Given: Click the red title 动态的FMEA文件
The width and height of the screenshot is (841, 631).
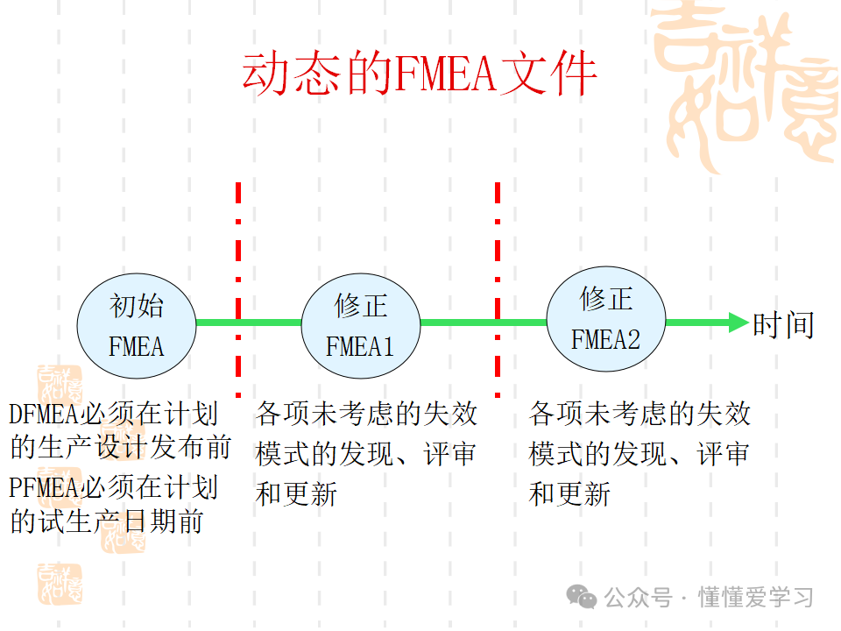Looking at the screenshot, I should [x=420, y=74].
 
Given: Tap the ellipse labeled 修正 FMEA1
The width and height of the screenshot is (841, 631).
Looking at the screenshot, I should [x=360, y=323].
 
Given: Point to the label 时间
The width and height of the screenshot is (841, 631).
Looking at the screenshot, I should [x=783, y=325].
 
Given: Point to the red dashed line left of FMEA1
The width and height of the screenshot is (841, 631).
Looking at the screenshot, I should [x=238, y=289].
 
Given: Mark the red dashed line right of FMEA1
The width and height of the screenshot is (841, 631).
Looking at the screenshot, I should [x=498, y=289].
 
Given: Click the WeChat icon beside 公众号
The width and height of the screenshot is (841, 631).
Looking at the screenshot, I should [x=582, y=597].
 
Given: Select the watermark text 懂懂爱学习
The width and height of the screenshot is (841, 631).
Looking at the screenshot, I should [x=755, y=598].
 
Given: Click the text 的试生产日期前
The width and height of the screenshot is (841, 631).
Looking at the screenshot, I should [x=107, y=522].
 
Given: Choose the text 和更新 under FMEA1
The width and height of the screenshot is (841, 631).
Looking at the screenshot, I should [x=296, y=494].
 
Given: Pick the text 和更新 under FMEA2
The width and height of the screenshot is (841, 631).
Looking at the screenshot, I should [x=569, y=494].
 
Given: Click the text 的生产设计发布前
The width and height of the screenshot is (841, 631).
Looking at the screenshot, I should [x=121, y=449].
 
